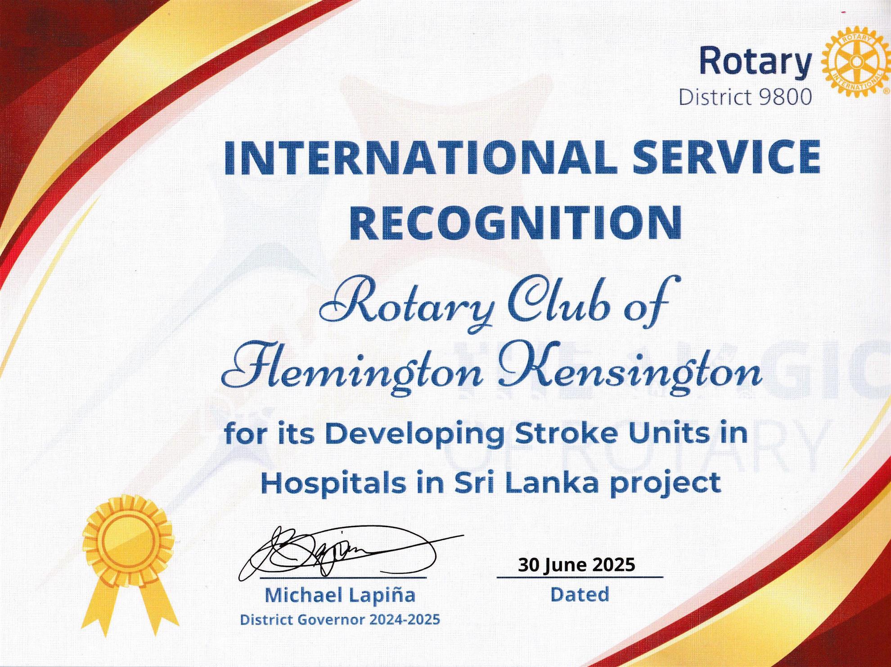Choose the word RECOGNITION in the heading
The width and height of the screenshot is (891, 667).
(x=516, y=222)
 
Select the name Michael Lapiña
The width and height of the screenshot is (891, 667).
(x=340, y=595)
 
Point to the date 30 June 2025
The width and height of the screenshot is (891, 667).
(x=576, y=564)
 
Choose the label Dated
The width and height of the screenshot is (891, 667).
(x=580, y=595)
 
